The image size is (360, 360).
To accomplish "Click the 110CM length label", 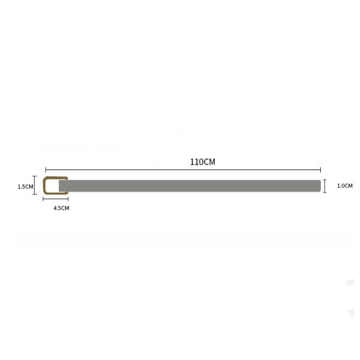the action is pyautogui.click(x=203, y=162).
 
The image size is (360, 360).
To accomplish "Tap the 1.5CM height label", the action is pyautogui.click(x=25, y=187).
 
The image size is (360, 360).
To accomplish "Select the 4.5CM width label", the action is pyautogui.click(x=61, y=208).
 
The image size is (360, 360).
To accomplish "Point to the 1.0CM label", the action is pyautogui.click(x=344, y=186).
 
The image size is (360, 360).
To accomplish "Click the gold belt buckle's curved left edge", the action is pyautogui.click(x=44, y=185).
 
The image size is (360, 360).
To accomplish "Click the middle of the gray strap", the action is pyautogui.click(x=190, y=186).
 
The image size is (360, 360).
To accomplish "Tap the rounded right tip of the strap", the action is pyautogui.click(x=320, y=186).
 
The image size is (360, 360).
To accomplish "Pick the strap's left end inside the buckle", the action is pyautogui.click(x=59, y=186).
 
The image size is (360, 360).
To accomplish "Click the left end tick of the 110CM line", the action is pyautogui.click(x=46, y=170).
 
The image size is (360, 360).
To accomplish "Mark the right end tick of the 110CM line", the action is pyautogui.click(x=320, y=170).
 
